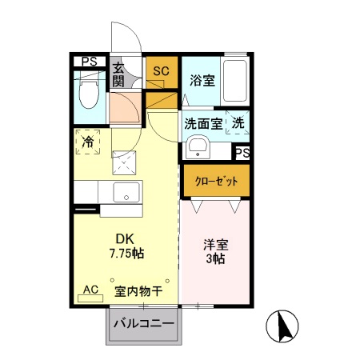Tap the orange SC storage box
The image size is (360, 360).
pyautogui.click(x=160, y=71)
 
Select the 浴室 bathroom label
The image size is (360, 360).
pyautogui.click(x=202, y=80)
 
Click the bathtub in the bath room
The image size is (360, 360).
pyautogui.click(x=234, y=82)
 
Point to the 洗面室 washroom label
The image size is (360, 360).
pyautogui.click(x=202, y=124)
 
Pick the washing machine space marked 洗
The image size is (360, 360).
pyautogui.click(x=238, y=123)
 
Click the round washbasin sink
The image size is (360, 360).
pyautogui.click(x=197, y=149)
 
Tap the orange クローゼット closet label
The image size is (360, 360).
pyautogui.click(x=215, y=182)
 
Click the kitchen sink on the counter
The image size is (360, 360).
pyautogui.click(x=126, y=193)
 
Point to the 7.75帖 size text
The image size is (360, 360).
pyautogui.click(x=127, y=254)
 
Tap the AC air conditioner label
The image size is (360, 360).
pyautogui.click(x=90, y=291)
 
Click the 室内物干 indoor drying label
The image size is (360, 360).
pyautogui.click(x=138, y=291)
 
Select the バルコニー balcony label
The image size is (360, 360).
pyautogui.click(x=143, y=324)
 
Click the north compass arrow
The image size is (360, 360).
pyautogui.click(x=284, y=324)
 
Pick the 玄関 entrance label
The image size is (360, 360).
pyautogui.click(x=118, y=75)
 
